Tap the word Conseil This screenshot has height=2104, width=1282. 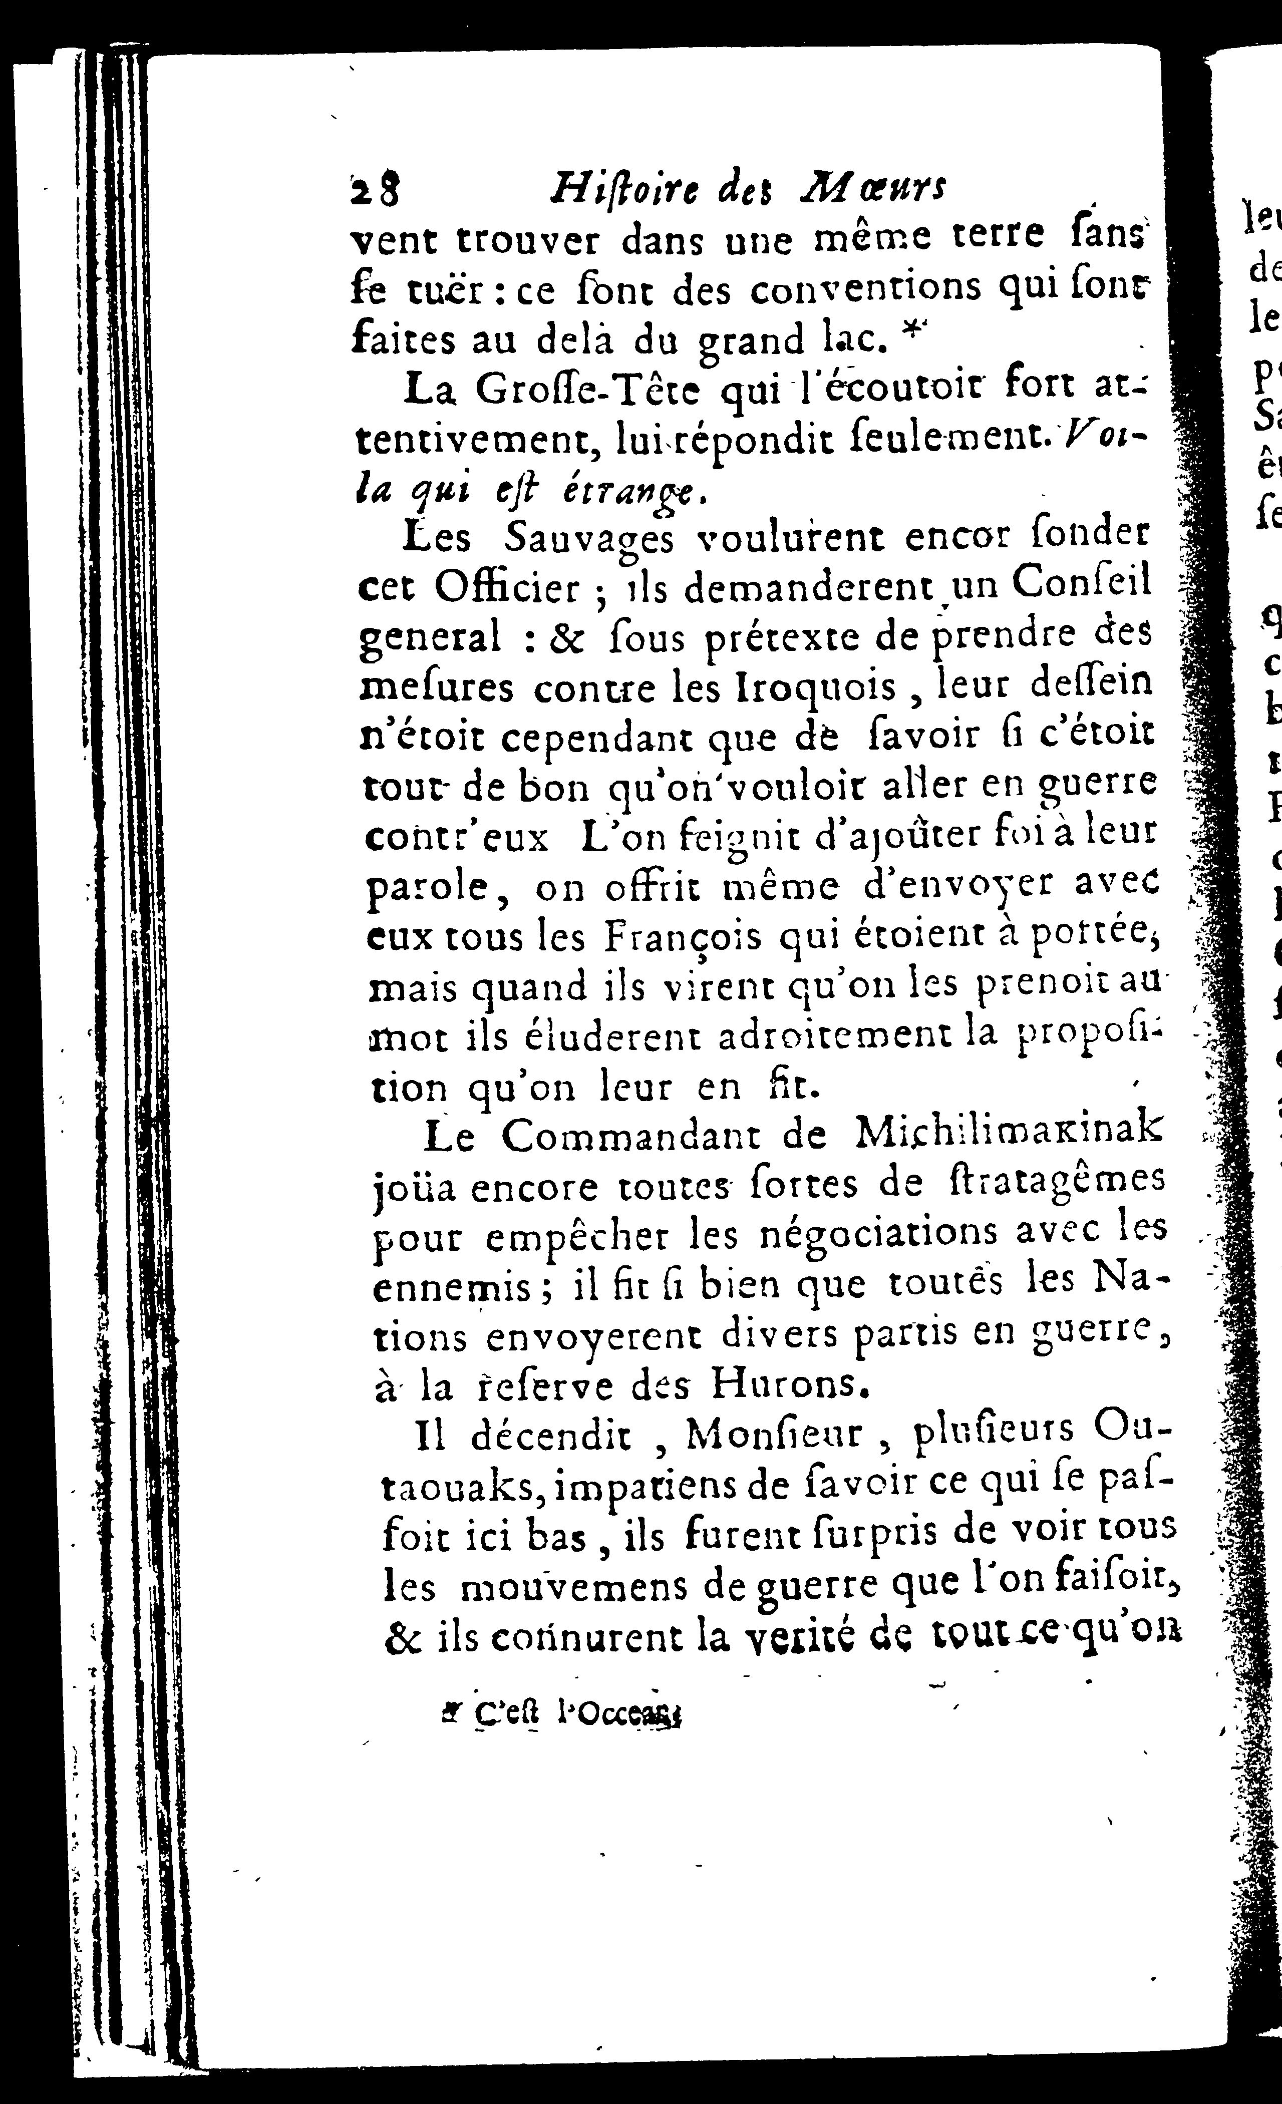point(1080,583)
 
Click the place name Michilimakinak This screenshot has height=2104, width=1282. point(1008,1133)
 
